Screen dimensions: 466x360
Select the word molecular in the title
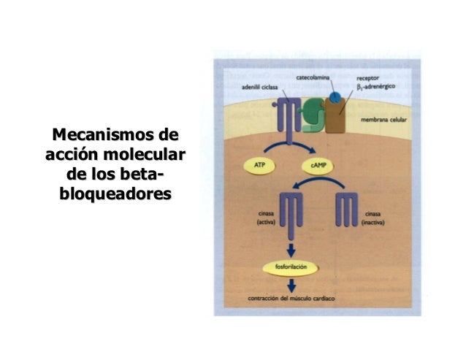click(146, 156)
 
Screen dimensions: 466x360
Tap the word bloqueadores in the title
click(115, 195)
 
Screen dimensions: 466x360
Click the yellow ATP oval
click(259, 166)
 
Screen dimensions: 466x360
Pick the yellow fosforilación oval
click(295, 267)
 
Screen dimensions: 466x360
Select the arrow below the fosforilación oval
click(292, 286)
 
